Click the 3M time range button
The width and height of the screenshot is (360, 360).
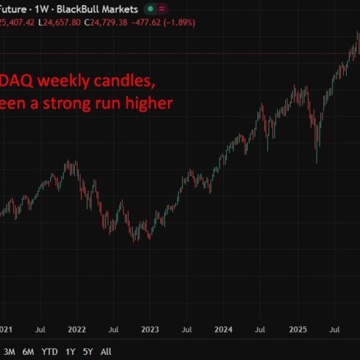tap(10, 352)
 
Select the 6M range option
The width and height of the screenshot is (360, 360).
tap(28, 352)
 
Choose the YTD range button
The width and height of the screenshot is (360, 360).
tap(49, 352)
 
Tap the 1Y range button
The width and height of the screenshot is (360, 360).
tap(70, 352)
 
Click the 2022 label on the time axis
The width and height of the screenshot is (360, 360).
tap(76, 329)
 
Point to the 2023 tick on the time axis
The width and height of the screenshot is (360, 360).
tap(150, 329)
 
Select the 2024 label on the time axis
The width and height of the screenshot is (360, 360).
tap(224, 329)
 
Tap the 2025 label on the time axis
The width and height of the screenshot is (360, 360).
tap(298, 329)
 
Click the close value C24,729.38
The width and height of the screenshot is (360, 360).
tap(110, 22)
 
